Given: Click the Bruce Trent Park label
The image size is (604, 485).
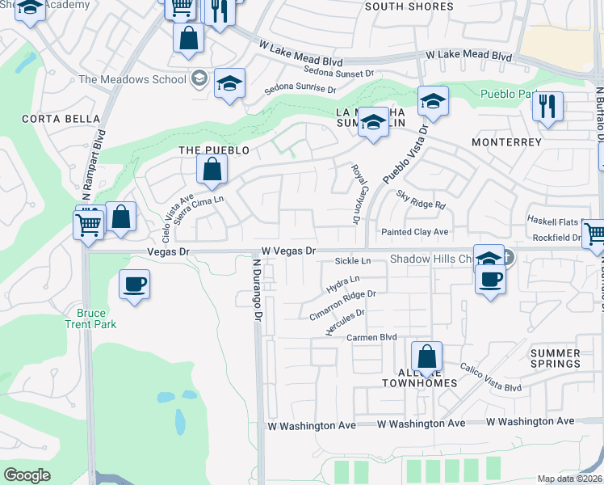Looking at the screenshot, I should (97, 318).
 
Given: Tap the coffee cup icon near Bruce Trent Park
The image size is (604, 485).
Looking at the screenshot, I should (134, 285).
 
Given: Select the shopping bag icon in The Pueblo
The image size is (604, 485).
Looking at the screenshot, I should (212, 170).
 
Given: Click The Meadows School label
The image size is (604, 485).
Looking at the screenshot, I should (133, 79).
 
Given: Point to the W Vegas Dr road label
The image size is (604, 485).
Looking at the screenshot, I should (287, 251).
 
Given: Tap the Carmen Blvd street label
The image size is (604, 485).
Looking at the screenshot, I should (372, 337).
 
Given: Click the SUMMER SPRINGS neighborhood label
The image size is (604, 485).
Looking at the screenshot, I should (555, 358).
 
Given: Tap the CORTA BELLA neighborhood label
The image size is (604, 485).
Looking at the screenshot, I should (50, 118).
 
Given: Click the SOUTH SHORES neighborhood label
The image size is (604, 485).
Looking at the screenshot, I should (409, 6).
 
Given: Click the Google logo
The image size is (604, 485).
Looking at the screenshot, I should (27, 475).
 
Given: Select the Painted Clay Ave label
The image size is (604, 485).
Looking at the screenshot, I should (414, 232).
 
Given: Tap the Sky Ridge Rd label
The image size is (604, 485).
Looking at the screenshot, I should (421, 200).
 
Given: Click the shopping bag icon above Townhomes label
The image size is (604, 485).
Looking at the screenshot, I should (426, 356).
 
